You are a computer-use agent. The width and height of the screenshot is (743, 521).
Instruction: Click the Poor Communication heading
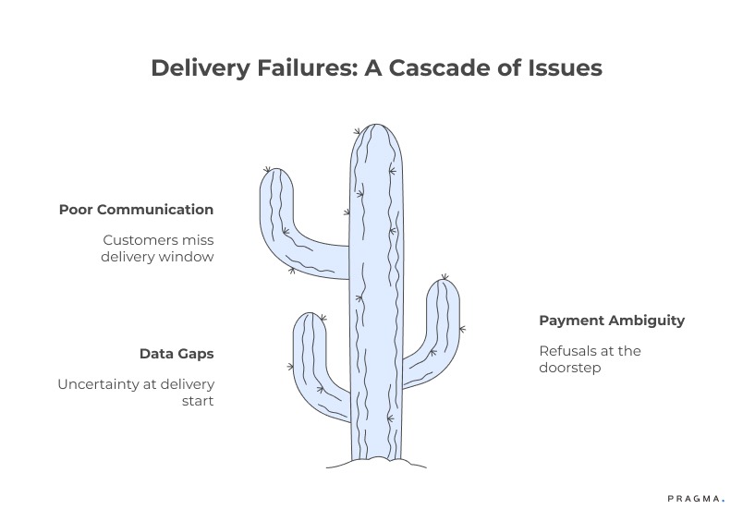point(136,210)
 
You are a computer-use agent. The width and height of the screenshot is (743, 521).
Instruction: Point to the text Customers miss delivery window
point(158,248)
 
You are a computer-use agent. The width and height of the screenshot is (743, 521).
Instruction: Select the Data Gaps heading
point(177,354)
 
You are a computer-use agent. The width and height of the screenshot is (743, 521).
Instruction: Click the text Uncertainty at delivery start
point(136,392)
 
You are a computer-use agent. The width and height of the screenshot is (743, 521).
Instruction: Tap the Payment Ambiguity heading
point(612,321)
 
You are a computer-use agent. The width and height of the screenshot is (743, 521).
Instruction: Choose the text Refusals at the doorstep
point(590,358)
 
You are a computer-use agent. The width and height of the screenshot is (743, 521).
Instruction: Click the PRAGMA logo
point(696,499)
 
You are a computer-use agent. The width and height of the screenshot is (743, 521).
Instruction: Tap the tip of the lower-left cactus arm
point(310,318)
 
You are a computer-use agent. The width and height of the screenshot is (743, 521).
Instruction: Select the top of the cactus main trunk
point(375,128)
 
